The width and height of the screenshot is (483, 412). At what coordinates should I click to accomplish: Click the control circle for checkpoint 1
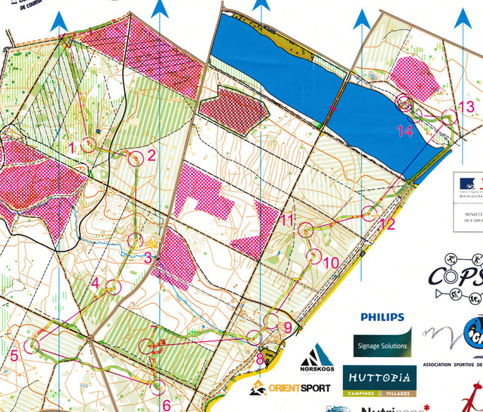pyautogui.click(x=90, y=145)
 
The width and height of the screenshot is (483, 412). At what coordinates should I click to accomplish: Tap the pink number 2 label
pyautogui.click(x=151, y=156)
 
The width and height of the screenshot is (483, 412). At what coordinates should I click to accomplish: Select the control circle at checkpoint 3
pyautogui.click(x=136, y=241)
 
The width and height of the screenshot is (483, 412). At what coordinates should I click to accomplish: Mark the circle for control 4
pyautogui.click(x=113, y=287)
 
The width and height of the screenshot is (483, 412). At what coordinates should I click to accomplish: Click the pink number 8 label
pyautogui.click(x=260, y=360)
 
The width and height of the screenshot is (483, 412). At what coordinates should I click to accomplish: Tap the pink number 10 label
pyautogui.click(x=332, y=263)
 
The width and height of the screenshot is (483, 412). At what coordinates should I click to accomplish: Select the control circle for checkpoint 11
pyautogui.click(x=306, y=230)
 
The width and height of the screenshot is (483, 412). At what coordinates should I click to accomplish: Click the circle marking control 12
pyautogui.click(x=369, y=213)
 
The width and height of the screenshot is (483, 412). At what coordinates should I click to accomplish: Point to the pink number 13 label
pyautogui.click(x=466, y=107)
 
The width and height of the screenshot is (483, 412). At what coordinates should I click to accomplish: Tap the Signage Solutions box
pyautogui.click(x=383, y=343)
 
